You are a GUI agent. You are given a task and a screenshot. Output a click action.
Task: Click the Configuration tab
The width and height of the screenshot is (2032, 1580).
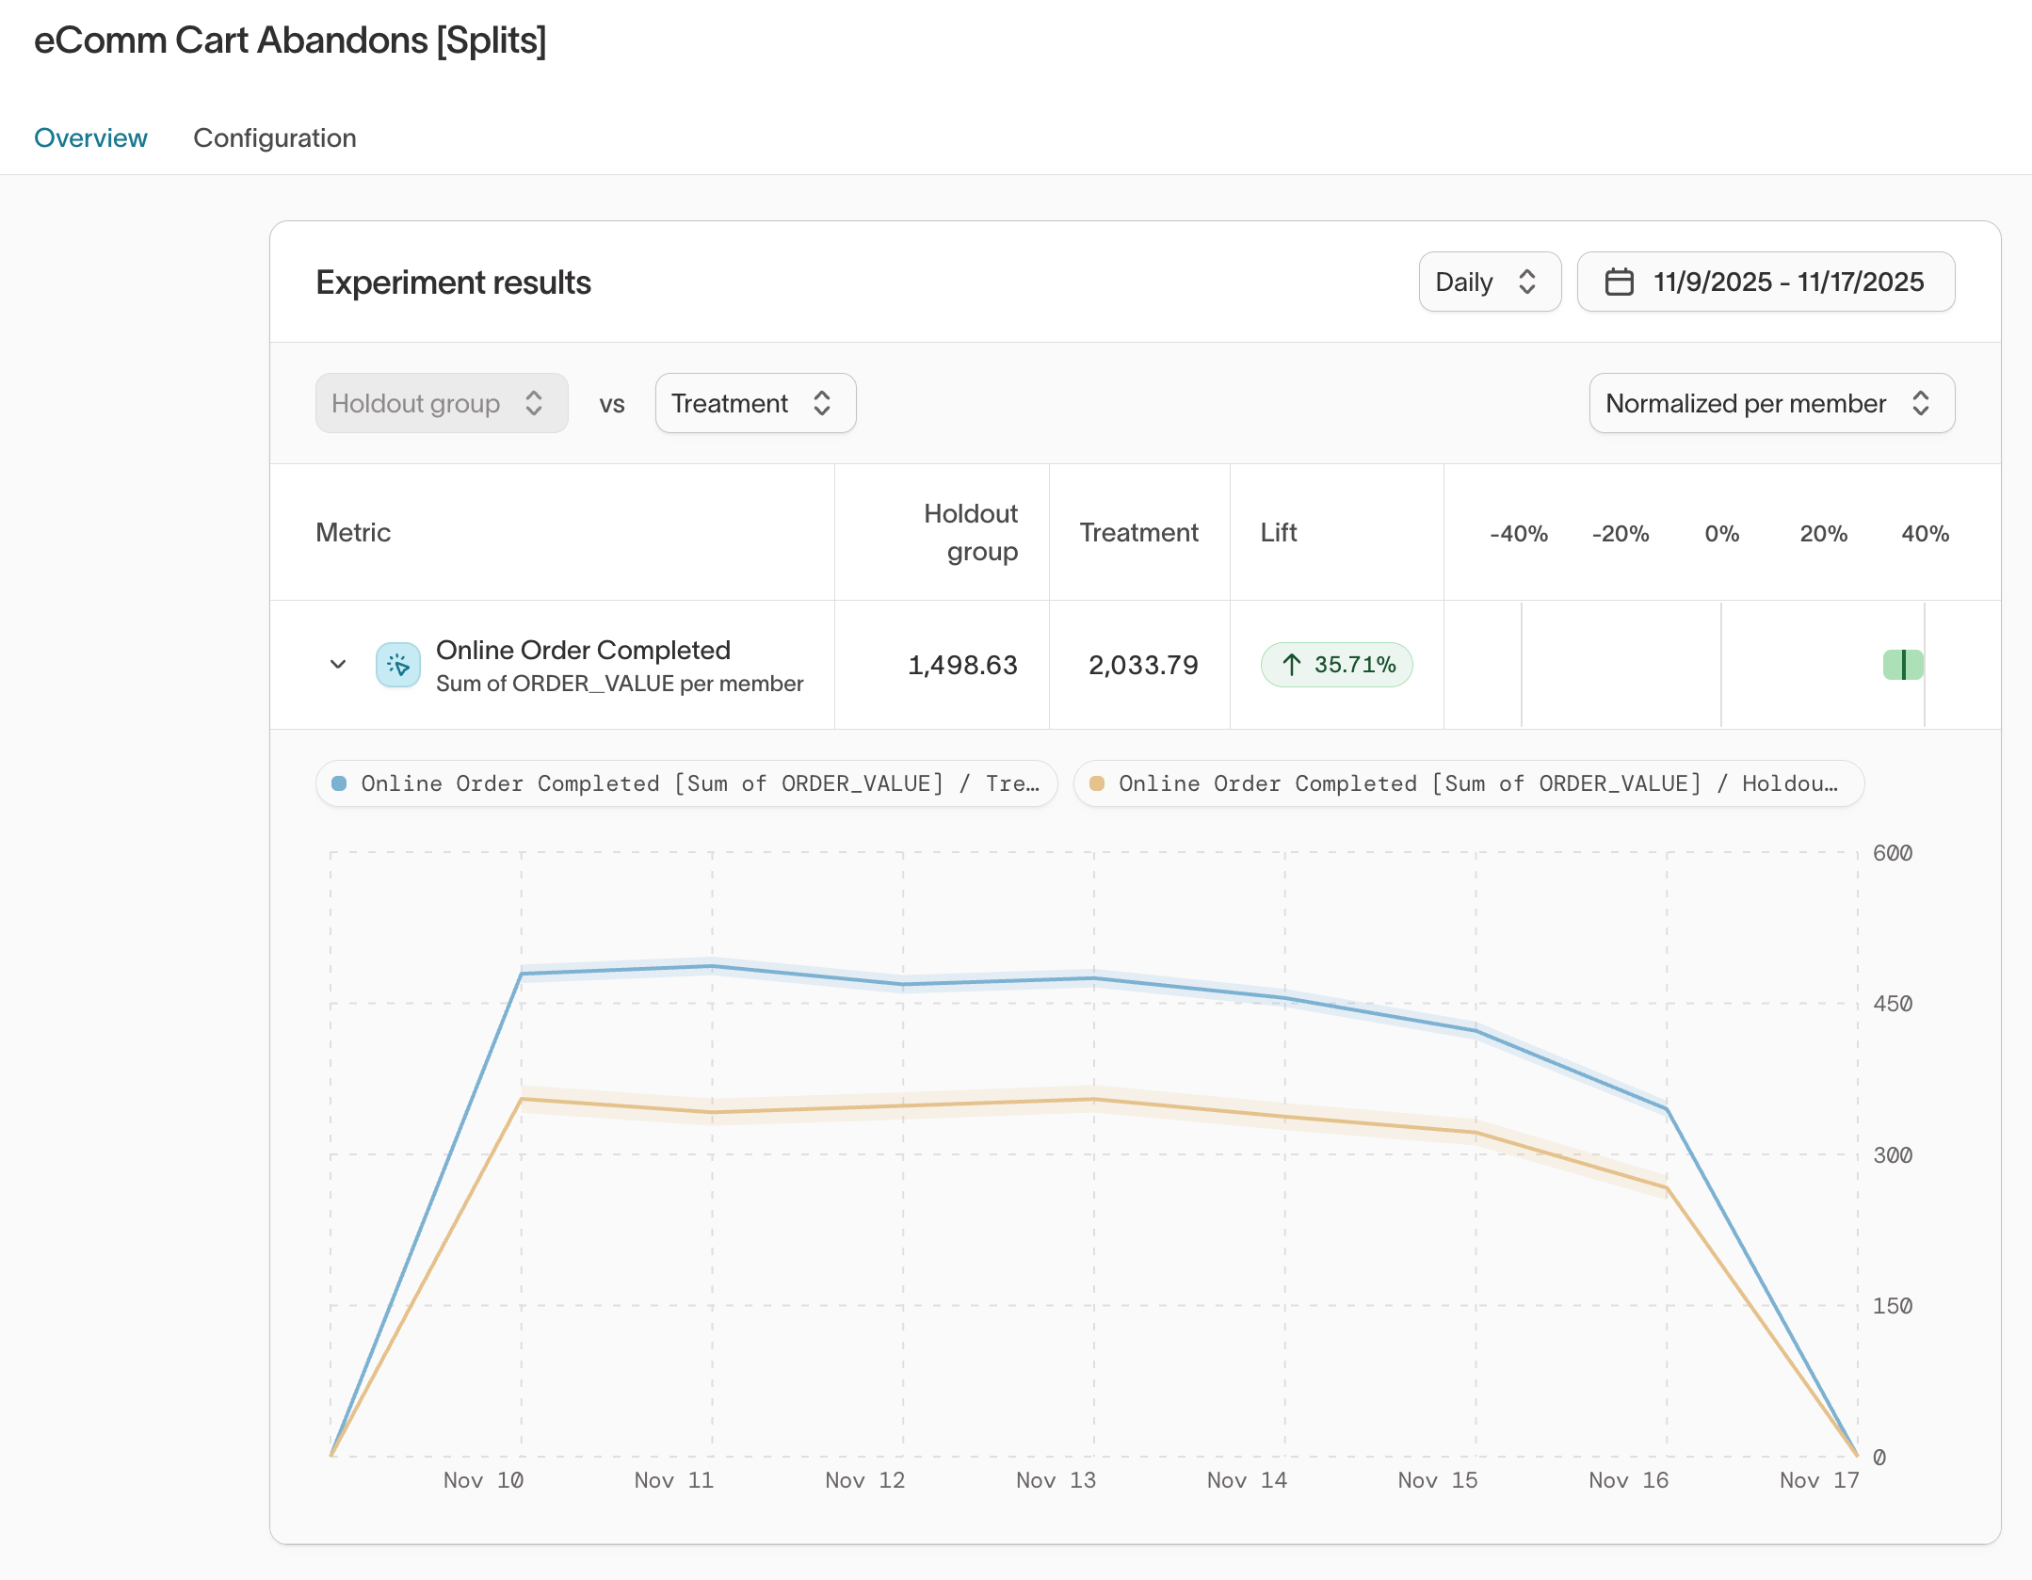coord(274,138)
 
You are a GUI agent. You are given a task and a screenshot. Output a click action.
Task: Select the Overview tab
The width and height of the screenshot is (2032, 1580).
coord(90,138)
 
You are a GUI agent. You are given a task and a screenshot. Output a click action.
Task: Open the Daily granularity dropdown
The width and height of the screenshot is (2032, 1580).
coord(1489,282)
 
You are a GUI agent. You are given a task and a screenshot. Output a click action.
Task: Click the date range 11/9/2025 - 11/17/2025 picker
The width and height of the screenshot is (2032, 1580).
coord(1766,282)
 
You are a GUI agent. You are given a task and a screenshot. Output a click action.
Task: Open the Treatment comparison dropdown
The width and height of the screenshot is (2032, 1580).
coord(755,403)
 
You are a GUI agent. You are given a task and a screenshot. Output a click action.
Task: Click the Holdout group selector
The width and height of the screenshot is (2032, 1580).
coord(441,403)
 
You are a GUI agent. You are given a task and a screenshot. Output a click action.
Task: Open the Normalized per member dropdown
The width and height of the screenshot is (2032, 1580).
coord(1771,403)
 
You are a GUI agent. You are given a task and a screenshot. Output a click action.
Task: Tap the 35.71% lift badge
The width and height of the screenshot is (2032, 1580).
coord(1336,665)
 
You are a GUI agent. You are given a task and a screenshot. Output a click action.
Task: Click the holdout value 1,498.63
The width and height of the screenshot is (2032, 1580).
coord(962,665)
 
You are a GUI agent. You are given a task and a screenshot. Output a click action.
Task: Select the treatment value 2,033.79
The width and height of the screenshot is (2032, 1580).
coord(1143,665)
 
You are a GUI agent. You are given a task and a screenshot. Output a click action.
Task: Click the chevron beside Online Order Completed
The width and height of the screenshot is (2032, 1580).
coord(338,665)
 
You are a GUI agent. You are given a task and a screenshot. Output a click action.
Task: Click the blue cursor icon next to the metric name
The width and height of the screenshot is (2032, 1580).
coord(398,665)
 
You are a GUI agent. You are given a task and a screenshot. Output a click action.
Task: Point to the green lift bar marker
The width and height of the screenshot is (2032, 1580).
coord(1903,665)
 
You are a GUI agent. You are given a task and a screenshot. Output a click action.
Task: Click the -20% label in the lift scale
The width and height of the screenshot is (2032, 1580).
coord(1620,534)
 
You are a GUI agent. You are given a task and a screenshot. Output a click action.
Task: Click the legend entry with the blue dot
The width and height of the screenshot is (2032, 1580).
coord(686,783)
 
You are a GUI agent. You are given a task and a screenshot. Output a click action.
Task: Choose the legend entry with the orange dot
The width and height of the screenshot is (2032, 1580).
coord(1468,783)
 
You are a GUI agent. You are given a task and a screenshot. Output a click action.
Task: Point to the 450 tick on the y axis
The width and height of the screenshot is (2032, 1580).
coord(1892,1004)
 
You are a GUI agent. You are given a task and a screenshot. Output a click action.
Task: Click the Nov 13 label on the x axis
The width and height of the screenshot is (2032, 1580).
coord(1056,1480)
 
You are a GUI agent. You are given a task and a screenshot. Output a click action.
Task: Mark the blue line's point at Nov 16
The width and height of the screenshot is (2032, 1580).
coord(1667,1109)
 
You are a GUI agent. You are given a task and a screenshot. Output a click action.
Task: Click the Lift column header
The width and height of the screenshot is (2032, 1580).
coord(1278,533)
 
